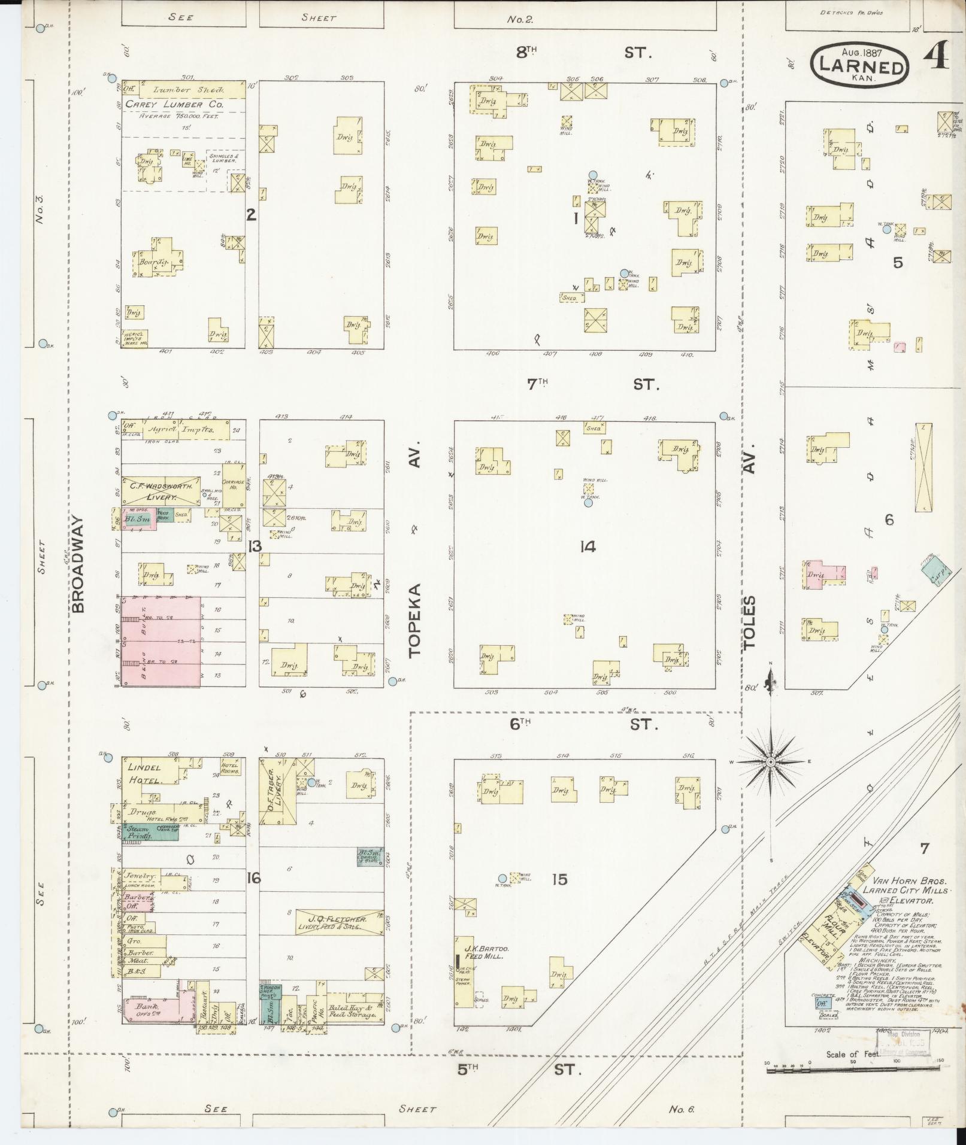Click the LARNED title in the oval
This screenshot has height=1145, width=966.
coord(861,66)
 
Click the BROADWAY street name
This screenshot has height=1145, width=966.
coord(79,566)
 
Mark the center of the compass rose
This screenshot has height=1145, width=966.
coord(771,762)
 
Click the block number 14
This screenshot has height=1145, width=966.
coord(588,546)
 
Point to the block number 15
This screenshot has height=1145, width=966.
coord(559,879)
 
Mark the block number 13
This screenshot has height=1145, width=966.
coord(255,545)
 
